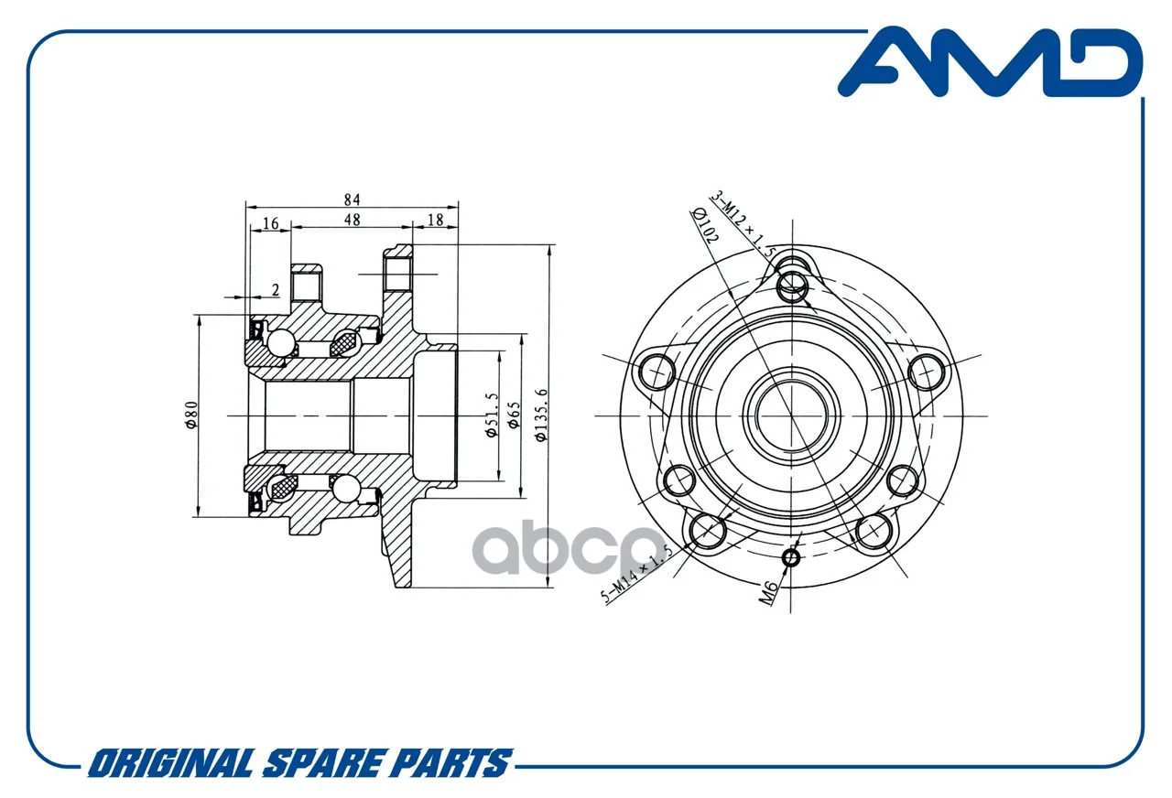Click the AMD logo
pyautogui.click(x=990, y=63)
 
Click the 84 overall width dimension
pyautogui.click(x=353, y=199)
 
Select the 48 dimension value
pyautogui.click(x=353, y=220)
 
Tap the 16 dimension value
pyautogui.click(x=270, y=223)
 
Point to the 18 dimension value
pyautogui.click(x=435, y=220)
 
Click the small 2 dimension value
pyautogui.click(x=276, y=290)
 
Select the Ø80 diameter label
pyautogui.click(x=191, y=415)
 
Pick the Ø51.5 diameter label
pyautogui.click(x=493, y=415)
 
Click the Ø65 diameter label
pyautogui.click(x=515, y=415)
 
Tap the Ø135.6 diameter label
pyautogui.click(x=541, y=415)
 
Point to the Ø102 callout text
pyautogui.click(x=705, y=225)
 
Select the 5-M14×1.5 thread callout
pyautogui.click(x=636, y=574)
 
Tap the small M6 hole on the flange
pyautogui.click(x=790, y=558)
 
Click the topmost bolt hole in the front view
pyautogui.click(x=792, y=286)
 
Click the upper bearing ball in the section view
pyautogui.click(x=280, y=343)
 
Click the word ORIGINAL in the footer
pyautogui.click(x=170, y=763)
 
